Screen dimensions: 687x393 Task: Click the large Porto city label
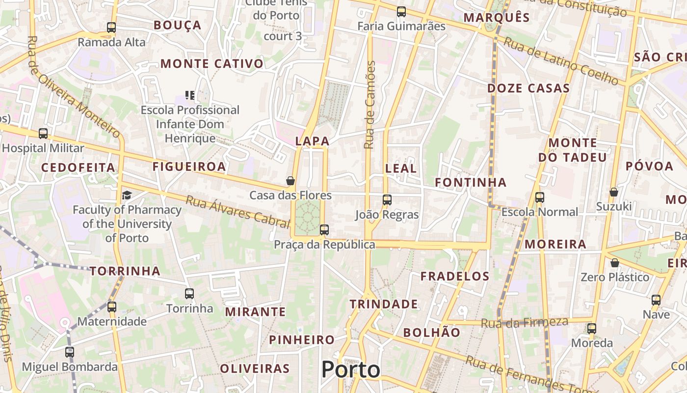point(350,370)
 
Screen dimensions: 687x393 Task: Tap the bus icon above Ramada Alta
point(111,28)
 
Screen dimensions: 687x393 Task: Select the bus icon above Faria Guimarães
point(401,12)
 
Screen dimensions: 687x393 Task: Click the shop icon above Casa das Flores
point(291,181)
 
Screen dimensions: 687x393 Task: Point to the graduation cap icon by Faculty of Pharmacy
point(127,196)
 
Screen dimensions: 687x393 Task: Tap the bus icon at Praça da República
point(324,229)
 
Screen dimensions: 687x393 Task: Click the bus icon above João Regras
point(387,200)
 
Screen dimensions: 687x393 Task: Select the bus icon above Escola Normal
point(540,197)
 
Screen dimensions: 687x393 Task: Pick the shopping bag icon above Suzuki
point(613,192)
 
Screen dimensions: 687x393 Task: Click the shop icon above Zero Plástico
point(615,263)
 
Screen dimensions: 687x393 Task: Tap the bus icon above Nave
point(656,300)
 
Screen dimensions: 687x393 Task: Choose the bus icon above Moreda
point(592,329)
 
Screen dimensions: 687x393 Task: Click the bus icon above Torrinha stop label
point(189,294)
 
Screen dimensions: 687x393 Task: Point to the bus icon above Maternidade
point(112,307)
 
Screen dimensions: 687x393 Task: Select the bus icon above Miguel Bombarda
point(70,352)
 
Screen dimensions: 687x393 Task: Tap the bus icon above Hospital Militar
point(43,134)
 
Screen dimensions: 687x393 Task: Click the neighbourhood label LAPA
point(312,141)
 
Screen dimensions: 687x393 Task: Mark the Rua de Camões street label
point(370,105)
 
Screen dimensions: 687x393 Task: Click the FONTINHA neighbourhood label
point(471,183)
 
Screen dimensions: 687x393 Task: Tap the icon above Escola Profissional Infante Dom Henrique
point(190,95)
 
